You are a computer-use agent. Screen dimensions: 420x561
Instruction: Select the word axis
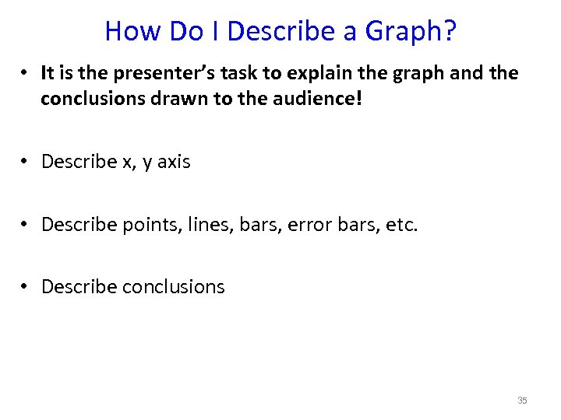coord(174,162)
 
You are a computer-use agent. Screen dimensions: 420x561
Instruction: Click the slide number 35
coord(522,401)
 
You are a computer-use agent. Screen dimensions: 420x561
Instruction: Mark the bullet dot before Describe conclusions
coord(26,287)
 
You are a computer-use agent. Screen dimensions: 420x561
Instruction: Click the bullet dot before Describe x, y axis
coord(26,162)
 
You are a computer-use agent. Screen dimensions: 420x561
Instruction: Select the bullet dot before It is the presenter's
coord(26,73)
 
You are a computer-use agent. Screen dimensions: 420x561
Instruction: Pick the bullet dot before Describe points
coord(26,225)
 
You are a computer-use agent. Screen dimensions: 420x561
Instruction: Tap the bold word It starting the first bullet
coord(48,73)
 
